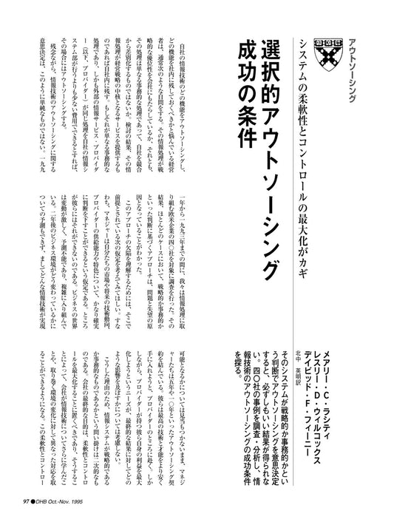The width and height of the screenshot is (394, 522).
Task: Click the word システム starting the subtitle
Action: (304, 52)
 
